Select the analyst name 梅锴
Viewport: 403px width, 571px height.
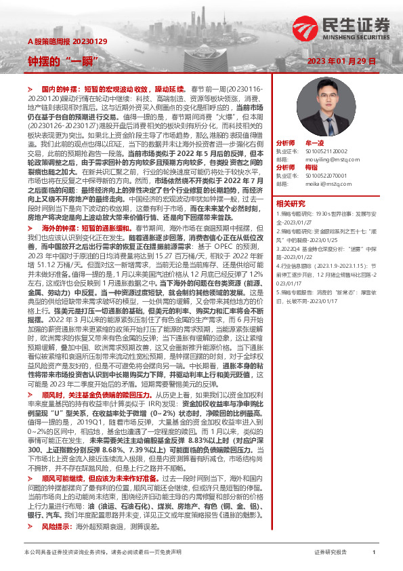tap(312, 167)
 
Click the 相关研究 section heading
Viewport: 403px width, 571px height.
tap(291, 203)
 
